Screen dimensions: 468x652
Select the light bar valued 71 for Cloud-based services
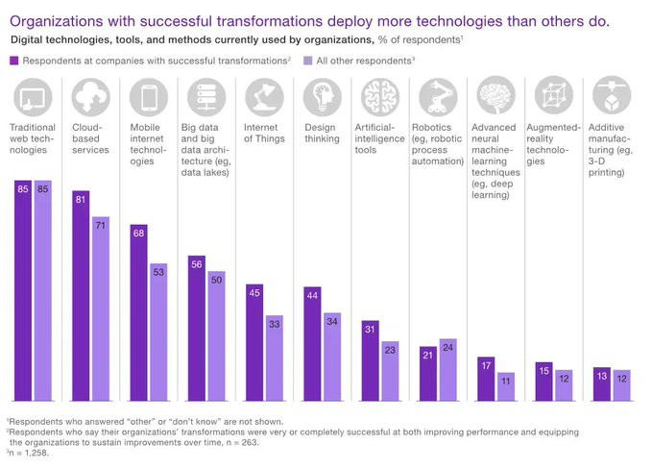coord(101,308)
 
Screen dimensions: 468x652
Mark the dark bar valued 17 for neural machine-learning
coord(487,379)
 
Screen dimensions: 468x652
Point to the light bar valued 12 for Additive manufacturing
coord(622,385)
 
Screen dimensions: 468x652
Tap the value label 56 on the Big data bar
coord(198,263)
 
